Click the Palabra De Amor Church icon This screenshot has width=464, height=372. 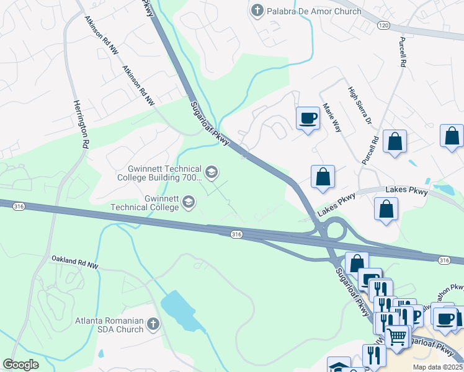point(257,11)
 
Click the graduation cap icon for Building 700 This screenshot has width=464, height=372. point(212,172)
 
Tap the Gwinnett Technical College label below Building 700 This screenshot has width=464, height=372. point(145,202)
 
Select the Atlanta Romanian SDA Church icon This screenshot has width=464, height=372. point(153,324)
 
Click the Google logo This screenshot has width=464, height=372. point(20,365)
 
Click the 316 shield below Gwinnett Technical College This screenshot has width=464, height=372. point(236,234)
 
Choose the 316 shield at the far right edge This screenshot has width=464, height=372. point(444,259)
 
